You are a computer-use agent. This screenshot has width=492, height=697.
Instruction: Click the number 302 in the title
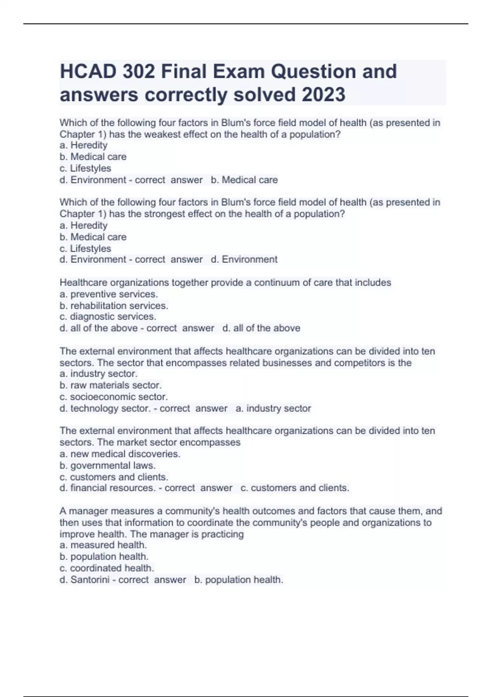pos(138,71)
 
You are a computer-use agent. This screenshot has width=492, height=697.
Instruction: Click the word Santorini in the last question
pos(90,580)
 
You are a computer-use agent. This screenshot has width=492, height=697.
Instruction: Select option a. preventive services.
pos(109,294)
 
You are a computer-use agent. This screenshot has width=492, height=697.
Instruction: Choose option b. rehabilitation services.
pos(114,305)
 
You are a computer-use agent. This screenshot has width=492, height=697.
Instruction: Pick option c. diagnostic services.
pos(108,317)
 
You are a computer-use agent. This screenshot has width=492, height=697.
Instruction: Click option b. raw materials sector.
pos(111,385)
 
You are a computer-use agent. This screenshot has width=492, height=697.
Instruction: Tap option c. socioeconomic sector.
pos(114,396)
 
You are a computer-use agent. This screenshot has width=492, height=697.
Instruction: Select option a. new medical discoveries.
pos(120,454)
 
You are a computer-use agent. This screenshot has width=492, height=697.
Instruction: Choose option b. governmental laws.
pos(108,465)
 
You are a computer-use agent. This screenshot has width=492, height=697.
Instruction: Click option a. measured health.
pos(103,545)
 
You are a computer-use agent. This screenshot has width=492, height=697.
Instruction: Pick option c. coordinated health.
pos(107,568)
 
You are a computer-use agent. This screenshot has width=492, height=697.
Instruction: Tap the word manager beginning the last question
pos(88,511)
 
